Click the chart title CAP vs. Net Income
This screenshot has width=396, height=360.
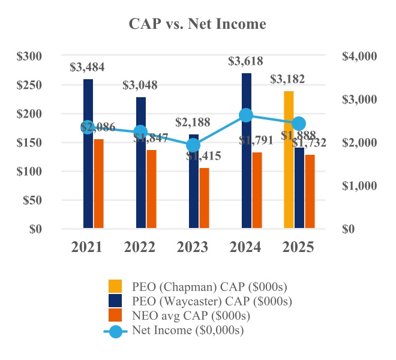(x=197, y=24)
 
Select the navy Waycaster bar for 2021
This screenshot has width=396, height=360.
(x=88, y=154)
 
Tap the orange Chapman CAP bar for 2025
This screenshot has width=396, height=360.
(x=289, y=160)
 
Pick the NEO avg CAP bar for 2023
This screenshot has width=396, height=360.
(x=205, y=198)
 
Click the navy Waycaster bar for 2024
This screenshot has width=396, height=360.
(x=247, y=151)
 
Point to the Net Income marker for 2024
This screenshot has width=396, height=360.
(x=245, y=115)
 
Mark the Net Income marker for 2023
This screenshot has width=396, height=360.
(x=193, y=145)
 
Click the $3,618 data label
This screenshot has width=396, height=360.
(x=245, y=61)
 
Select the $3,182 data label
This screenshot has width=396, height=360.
(x=287, y=79)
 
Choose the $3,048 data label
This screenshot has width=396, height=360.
(x=140, y=85)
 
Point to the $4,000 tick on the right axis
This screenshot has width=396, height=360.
(x=358, y=56)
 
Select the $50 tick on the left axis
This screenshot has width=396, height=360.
(x=31, y=200)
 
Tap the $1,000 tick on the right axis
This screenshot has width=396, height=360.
(x=358, y=186)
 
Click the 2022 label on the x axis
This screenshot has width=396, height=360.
(x=140, y=247)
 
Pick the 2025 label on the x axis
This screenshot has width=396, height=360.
(x=298, y=247)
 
